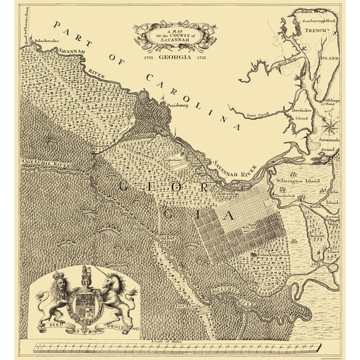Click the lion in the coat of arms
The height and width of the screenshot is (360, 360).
point(54,295)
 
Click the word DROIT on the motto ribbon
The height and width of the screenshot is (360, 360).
point(117,325)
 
